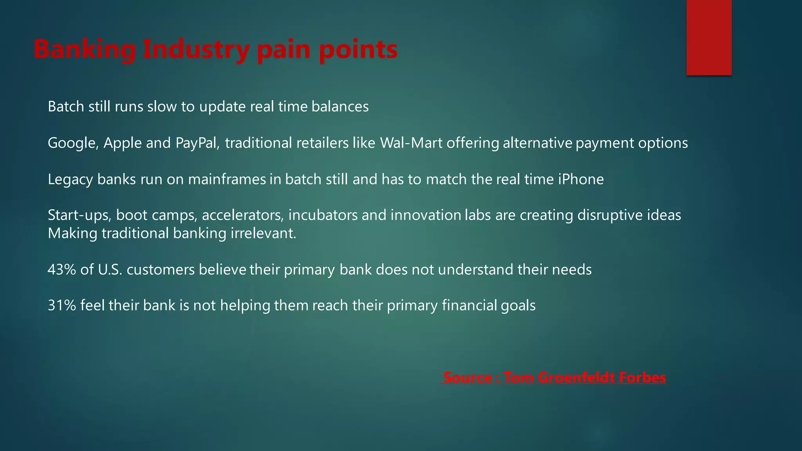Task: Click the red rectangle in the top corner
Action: (709, 37)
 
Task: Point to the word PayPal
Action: (197, 143)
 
